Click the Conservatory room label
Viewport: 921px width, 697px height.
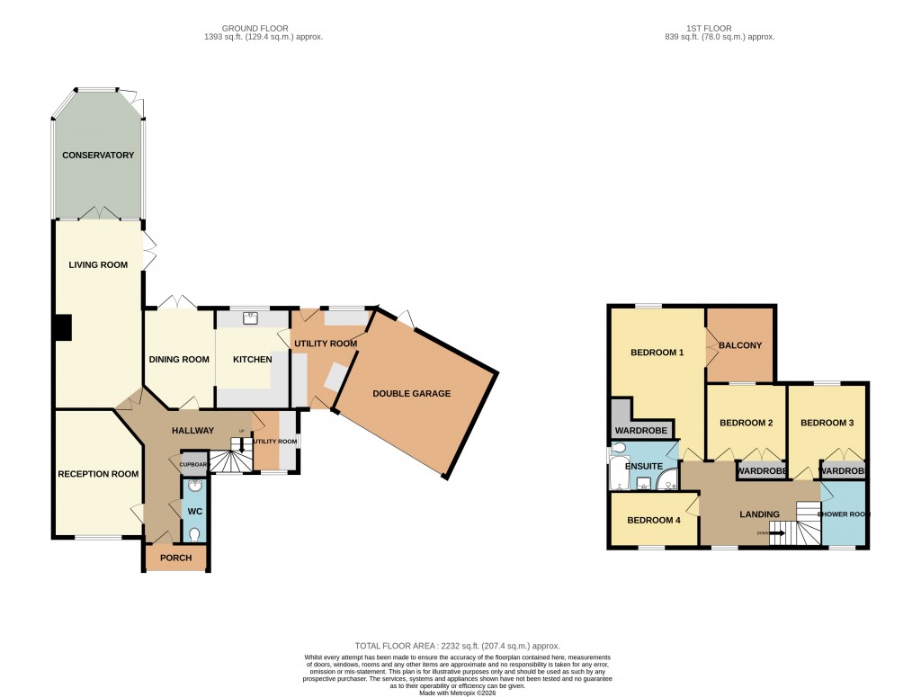tap(98, 156)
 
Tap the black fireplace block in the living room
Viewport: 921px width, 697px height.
tap(62, 327)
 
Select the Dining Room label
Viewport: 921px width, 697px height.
tap(178, 360)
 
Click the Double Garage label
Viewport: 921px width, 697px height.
tap(412, 394)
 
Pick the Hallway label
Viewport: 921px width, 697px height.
tap(192, 431)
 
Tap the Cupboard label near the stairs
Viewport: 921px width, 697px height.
tap(194, 465)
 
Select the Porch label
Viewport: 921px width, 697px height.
tap(175, 558)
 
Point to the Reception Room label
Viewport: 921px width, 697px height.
tap(98, 474)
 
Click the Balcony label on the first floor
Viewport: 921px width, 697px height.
tap(740, 345)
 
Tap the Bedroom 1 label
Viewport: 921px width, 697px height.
tap(657, 353)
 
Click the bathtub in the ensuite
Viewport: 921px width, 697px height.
tap(618, 472)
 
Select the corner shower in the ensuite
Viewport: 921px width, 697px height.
tap(667, 482)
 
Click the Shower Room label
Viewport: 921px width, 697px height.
tap(844, 514)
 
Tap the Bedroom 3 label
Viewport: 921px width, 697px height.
tap(827, 423)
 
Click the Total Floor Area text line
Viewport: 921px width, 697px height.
tap(458, 646)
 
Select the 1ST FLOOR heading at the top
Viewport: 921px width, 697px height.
tap(719, 29)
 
